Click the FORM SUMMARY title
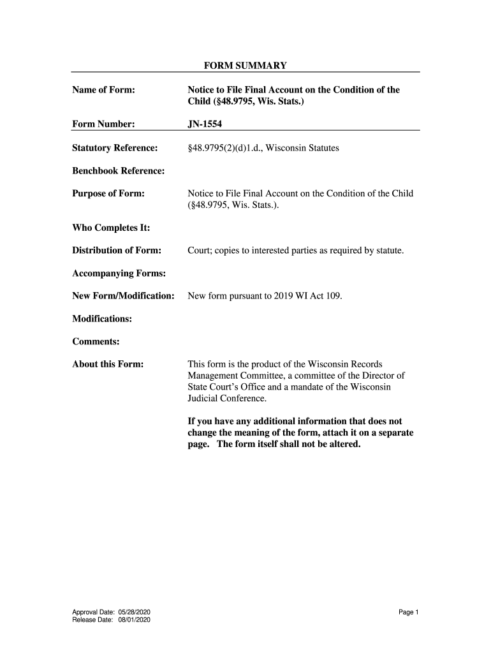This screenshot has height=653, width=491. (245, 66)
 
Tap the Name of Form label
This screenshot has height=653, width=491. (103, 90)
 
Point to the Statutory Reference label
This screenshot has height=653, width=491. (115, 149)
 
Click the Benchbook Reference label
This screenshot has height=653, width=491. (118, 171)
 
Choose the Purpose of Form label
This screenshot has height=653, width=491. (108, 193)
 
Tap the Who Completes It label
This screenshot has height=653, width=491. (106, 228)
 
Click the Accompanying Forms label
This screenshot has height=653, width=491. (119, 274)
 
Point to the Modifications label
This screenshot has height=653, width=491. (102, 319)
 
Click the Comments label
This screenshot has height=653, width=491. (96, 342)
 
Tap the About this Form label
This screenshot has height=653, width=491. (108, 365)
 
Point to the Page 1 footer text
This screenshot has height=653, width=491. (408, 612)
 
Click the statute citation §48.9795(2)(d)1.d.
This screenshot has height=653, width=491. (224, 149)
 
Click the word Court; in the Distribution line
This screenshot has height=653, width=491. (200, 251)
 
